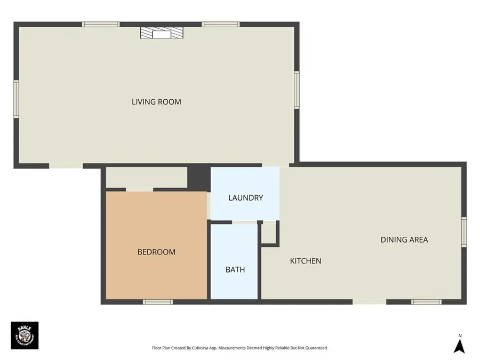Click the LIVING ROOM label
point(156,102)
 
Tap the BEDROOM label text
point(156,252)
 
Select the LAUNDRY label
point(245,198)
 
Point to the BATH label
point(235,270)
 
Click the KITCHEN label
point(306,261)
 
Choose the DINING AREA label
point(404,240)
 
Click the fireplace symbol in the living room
point(161,34)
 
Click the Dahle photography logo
point(25,335)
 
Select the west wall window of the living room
point(17,99)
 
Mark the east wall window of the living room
point(297,90)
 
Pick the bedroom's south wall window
point(158,302)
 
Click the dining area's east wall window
point(464,232)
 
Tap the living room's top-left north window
point(100,24)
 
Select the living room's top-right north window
point(221,24)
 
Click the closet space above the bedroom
point(147,177)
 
